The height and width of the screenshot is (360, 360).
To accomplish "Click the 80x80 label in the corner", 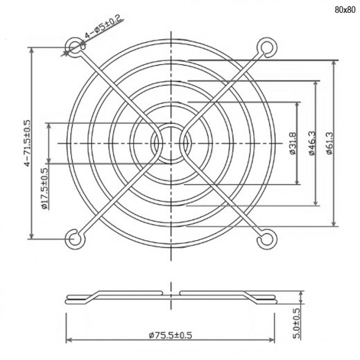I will pos(344,10).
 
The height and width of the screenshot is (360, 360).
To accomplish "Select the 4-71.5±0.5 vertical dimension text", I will pos(26,144).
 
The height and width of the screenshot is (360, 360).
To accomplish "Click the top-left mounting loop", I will pos(74,47).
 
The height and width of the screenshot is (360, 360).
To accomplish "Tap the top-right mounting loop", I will pos(267,47).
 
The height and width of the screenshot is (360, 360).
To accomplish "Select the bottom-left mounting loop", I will pos(74,238).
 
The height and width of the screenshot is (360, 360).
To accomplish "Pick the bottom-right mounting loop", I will pos(267,238).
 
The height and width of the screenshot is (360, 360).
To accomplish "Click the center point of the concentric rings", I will pos(171,143).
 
